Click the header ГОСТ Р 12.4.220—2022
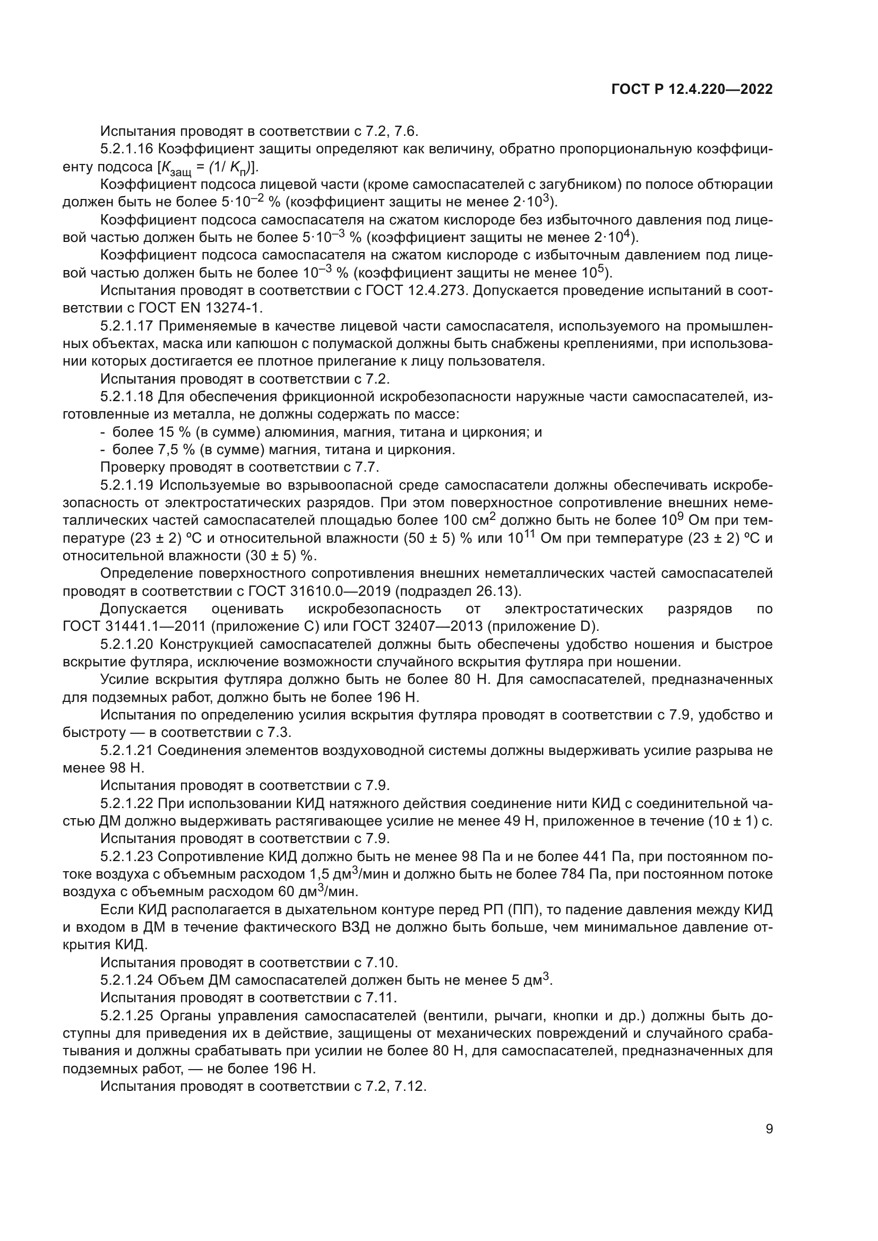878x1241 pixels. (692, 89)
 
